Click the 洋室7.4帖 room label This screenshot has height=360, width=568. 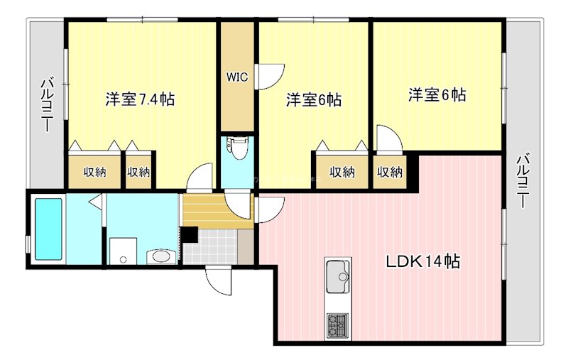pyautogui.click(x=140, y=99)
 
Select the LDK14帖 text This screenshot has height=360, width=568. pyautogui.click(x=422, y=261)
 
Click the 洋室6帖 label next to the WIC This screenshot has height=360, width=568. pyautogui.click(x=314, y=99)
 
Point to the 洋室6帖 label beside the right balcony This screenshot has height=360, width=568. pyautogui.click(x=437, y=94)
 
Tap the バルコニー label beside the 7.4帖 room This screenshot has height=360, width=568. pyautogui.click(x=45, y=106)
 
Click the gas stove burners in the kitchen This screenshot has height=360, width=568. pyautogui.click(x=336, y=326)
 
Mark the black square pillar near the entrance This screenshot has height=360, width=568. pyautogui.click(x=190, y=235)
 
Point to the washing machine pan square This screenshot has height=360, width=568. pyautogui.click(x=124, y=251)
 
